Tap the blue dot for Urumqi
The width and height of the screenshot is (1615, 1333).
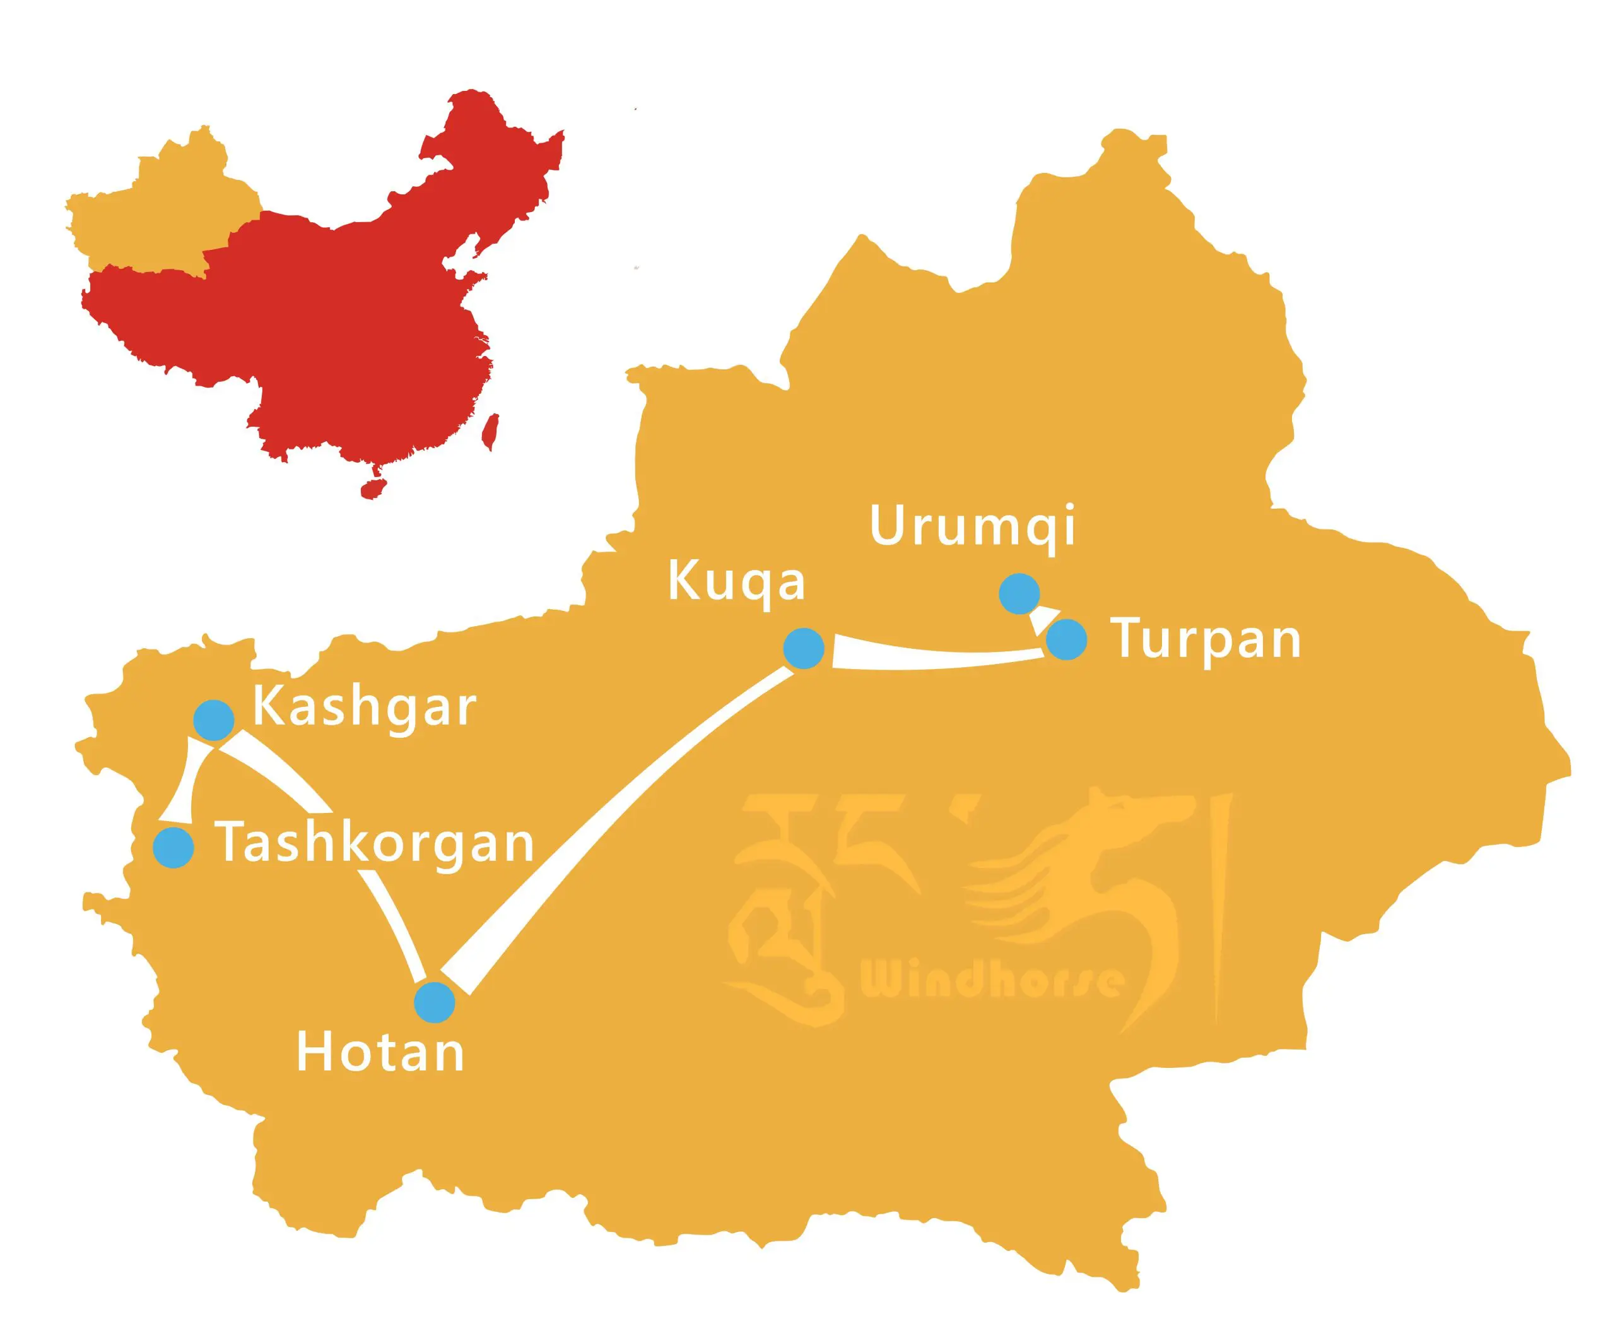coord(1019,593)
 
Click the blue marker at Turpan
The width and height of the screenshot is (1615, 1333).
coord(1066,639)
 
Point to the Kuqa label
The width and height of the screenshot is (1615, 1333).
coord(736,583)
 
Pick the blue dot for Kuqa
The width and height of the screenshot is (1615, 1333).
coord(804,648)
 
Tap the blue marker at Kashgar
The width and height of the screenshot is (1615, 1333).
coord(213,720)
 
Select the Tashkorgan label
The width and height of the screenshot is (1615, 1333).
coord(375,843)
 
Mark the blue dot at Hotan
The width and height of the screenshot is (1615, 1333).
coord(435,1002)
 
